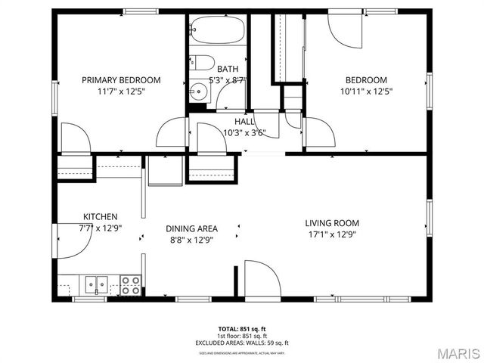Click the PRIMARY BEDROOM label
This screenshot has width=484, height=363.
tap(121, 80)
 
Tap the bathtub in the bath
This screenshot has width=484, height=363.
tap(217, 31)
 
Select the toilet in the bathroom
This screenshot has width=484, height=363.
tap(202, 63)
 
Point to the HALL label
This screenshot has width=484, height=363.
tap(244, 121)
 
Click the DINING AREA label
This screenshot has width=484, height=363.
tap(192, 228)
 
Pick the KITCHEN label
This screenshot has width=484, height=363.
tap(101, 216)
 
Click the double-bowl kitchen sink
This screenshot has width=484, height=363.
tap(96, 285)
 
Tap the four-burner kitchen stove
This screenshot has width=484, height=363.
tap(130, 285)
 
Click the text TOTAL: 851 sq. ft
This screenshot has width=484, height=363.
tap(242, 329)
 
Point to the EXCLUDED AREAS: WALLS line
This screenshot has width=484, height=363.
tap(242, 343)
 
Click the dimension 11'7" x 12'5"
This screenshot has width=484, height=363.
tap(121, 92)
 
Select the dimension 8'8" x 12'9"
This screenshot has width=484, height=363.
tap(192, 240)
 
